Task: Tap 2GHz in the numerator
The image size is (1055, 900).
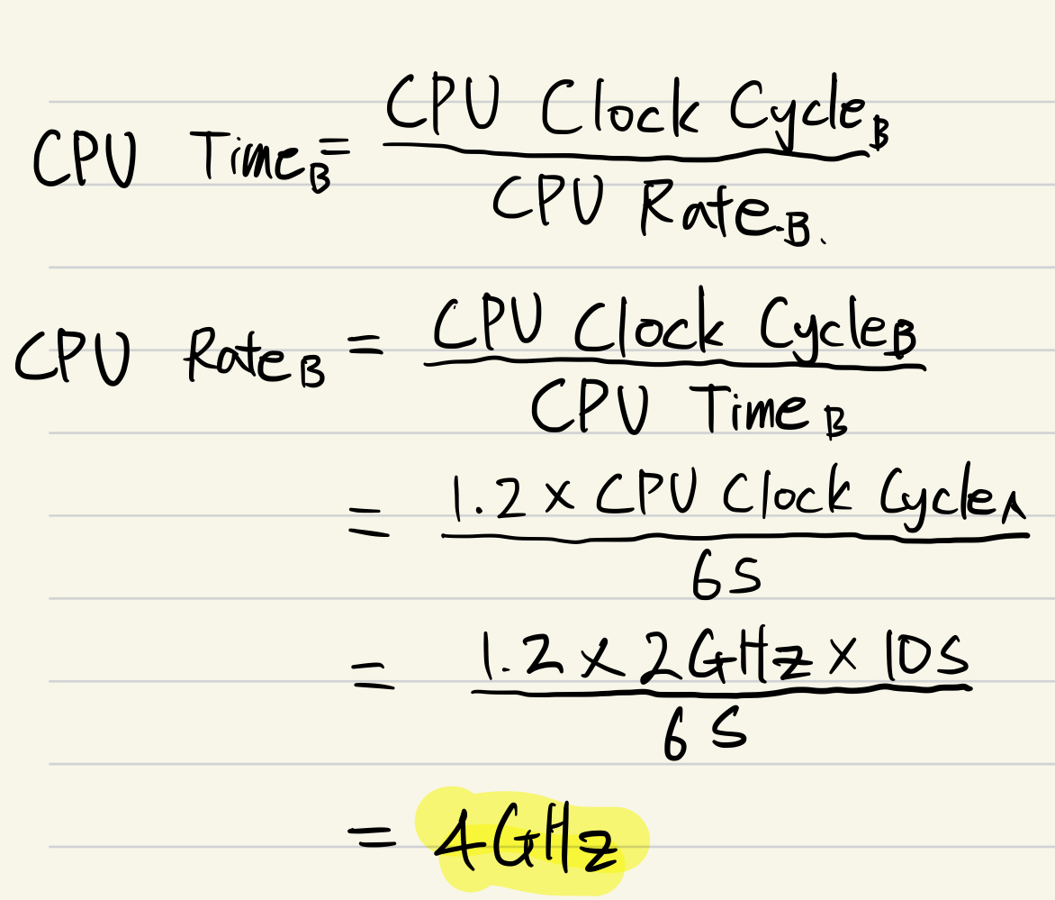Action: [684, 662]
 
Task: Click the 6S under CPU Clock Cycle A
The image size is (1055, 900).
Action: [726, 577]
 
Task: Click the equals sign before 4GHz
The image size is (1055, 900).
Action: [372, 841]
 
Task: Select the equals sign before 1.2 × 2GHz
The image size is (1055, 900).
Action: [373, 676]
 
